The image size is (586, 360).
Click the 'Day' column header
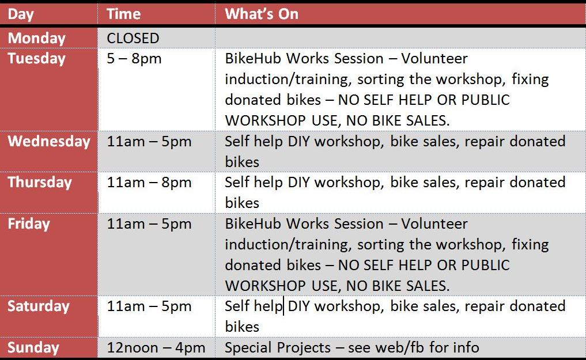pyautogui.click(x=21, y=14)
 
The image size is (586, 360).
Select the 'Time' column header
pyautogui.click(x=124, y=14)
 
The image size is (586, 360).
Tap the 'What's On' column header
pyautogui.click(x=262, y=14)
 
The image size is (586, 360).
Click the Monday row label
pyautogui.click(x=37, y=38)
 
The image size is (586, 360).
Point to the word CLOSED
pyautogui.click(x=133, y=38)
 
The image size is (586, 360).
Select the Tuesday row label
pyautogui.click(x=37, y=59)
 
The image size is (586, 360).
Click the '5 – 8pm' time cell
pyautogui.click(x=134, y=59)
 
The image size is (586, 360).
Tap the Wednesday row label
pyautogui.click(x=49, y=141)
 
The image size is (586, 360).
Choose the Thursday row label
pyautogui.click(x=40, y=182)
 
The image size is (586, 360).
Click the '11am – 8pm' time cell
pyautogui.click(x=149, y=182)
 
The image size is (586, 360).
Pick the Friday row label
pyautogui.click(x=29, y=223)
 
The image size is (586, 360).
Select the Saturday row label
pyautogui.click(x=39, y=306)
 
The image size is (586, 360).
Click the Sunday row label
pyautogui.click(x=33, y=348)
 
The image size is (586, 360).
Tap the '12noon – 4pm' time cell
pyautogui.click(x=156, y=348)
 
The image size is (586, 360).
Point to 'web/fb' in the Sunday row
pyautogui.click(x=399, y=347)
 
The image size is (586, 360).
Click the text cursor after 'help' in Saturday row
pyautogui.click(x=283, y=306)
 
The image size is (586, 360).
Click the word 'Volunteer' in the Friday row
pyautogui.click(x=434, y=223)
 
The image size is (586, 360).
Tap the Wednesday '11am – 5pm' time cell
pyautogui.click(x=149, y=141)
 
